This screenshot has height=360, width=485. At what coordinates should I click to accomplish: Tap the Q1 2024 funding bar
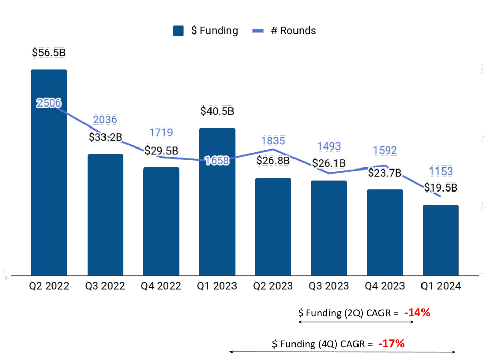coord(440,240)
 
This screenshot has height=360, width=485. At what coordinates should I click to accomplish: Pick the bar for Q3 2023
coord(329,228)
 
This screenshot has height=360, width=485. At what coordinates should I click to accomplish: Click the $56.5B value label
coord(49,52)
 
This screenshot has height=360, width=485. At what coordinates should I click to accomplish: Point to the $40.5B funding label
coord(217,111)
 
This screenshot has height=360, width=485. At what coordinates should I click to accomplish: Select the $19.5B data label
coord(440,187)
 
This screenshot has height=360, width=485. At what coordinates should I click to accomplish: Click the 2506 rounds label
coord(49,103)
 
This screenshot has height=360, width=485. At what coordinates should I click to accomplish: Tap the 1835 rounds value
coord(273,141)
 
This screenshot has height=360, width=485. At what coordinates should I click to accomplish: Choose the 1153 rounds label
coord(441,172)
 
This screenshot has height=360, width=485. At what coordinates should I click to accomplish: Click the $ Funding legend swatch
coord(178,31)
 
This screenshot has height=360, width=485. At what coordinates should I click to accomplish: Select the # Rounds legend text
coord(293,31)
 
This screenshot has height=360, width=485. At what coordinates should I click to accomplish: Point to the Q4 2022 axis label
coord(161,286)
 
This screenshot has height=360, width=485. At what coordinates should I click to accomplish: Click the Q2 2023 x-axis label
coord(273,286)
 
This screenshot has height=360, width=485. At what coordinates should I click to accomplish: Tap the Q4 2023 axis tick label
coord(385,286)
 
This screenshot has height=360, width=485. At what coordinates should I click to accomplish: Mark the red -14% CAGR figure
coord(416,313)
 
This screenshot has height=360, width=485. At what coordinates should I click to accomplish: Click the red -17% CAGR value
coord(391,344)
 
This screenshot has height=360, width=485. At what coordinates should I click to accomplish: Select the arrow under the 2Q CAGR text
coord(356,322)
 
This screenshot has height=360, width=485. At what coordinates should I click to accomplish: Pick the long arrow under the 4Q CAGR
coord(342,352)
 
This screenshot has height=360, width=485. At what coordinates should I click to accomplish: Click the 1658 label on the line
coord(217,160)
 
